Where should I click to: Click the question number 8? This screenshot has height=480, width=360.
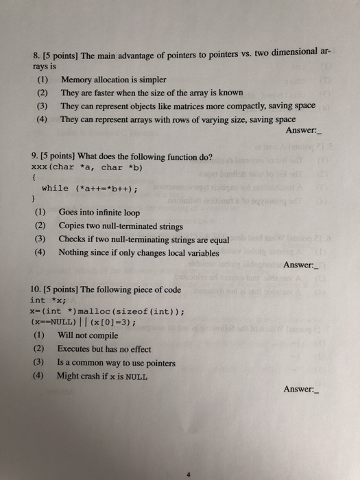click(x=35, y=56)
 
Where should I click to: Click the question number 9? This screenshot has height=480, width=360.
click(x=35, y=157)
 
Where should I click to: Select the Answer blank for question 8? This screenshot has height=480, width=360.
click(x=320, y=131)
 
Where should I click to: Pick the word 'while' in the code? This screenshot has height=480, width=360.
click(x=55, y=188)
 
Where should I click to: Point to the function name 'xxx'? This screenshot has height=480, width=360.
click(x=40, y=167)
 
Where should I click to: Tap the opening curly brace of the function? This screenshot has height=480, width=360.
click(x=34, y=177)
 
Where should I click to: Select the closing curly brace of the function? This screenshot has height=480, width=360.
click(x=34, y=199)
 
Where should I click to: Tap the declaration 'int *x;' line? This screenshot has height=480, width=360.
click(x=47, y=300)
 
